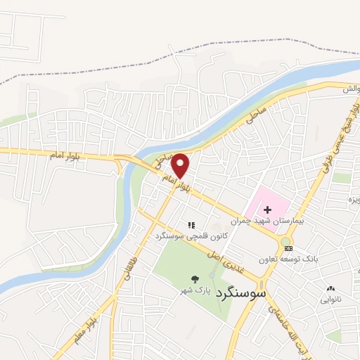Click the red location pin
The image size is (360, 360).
click(181, 165)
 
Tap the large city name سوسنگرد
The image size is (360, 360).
click(240, 292)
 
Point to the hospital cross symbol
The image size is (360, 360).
click(266, 208)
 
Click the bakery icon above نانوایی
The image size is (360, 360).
click(330, 288)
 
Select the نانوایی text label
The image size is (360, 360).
click(330, 300)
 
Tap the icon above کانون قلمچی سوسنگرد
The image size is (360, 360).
click(190, 226)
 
